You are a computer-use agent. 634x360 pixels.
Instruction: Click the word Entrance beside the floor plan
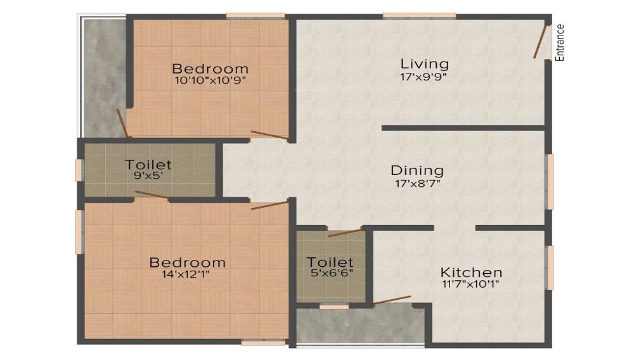click(560, 42)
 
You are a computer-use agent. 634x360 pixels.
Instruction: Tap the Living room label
click(424, 64)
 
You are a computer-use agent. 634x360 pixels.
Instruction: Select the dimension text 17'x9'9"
click(424, 77)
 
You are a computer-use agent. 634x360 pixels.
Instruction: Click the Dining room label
click(417, 170)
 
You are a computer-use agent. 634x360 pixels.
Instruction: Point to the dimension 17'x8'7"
click(417, 183)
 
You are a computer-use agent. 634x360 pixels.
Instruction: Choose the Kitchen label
click(471, 273)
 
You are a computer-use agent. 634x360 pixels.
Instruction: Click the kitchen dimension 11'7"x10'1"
click(471, 285)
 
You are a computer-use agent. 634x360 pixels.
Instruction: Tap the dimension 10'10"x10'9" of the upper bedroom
click(210, 80)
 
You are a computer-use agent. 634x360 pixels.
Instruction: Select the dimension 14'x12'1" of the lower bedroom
click(187, 274)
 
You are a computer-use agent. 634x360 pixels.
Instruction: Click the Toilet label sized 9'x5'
click(148, 164)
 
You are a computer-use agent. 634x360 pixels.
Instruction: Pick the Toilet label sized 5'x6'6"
click(330, 262)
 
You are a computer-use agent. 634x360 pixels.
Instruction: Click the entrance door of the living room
click(540, 42)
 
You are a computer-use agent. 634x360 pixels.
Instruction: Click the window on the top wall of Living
click(419, 15)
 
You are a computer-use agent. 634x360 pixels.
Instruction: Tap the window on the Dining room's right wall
click(549, 181)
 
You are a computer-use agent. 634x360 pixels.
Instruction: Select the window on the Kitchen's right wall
click(549, 267)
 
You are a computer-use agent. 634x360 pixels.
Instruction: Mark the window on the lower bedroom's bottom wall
click(263, 343)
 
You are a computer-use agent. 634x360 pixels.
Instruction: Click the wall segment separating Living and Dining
click(463, 127)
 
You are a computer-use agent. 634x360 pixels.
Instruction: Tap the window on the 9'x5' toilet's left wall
click(79, 170)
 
